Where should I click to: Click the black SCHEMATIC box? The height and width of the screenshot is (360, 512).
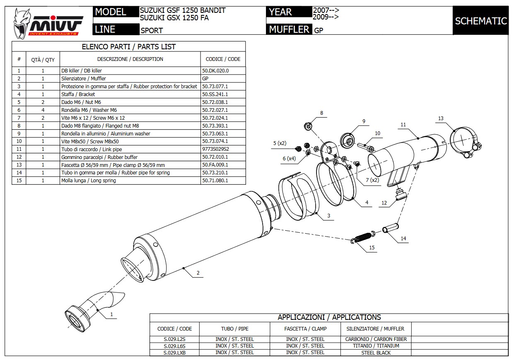coord(481,21)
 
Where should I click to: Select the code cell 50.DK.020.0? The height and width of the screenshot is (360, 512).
coord(215,71)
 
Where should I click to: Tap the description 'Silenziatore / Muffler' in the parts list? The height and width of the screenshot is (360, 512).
coord(83,78)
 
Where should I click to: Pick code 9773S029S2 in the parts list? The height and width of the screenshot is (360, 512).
coord(216,149)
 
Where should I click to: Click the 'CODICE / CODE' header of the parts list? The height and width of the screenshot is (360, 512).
coord(223,59)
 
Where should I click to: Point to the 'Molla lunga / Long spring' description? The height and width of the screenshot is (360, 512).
coord(88,181)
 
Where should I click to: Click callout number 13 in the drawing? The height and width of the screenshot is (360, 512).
coord(441,118)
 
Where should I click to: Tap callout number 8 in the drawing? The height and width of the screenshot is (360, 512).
coord(321,113)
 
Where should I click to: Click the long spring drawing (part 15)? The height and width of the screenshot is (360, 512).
coord(363,237)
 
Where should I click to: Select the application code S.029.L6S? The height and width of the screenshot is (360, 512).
coord(174,346)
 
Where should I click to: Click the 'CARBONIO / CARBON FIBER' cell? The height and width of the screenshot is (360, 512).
coord(376,339)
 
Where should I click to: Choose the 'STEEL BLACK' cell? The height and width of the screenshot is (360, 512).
coord(376,353)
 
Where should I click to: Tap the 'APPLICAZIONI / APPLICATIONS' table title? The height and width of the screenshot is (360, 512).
coord(329,317)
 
